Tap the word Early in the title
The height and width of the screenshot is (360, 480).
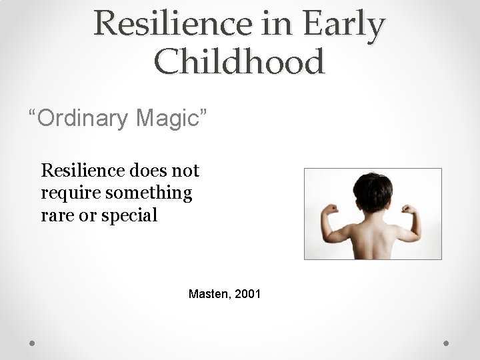coord(344,25)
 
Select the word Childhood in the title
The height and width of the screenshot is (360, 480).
coord(239,61)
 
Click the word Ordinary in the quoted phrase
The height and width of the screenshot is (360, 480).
coord(83,119)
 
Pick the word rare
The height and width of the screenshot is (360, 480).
coord(55,216)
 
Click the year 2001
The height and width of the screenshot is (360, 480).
coord(248,293)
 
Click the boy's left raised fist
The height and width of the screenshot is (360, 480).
coord(329,210)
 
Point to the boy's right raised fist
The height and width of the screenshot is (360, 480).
coord(411,211)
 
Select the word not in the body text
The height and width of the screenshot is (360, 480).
coord(186,171)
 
